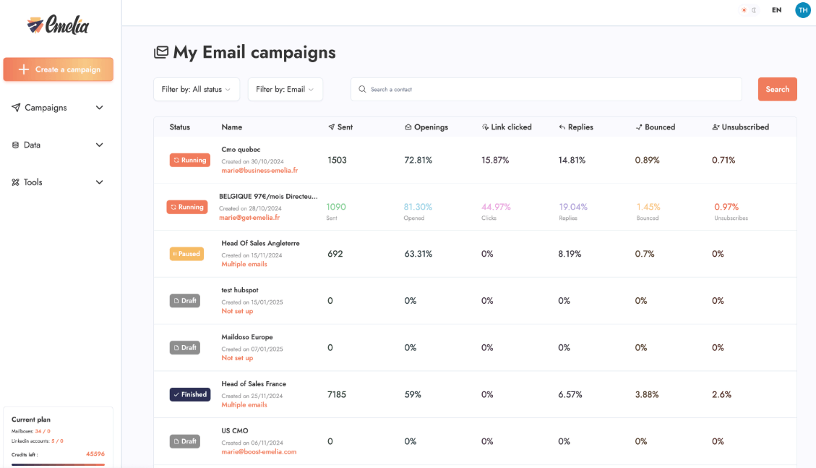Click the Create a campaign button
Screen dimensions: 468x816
(59, 69)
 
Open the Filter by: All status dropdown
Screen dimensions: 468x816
(196, 89)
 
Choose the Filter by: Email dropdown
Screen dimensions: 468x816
(285, 89)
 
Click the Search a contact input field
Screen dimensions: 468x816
(546, 89)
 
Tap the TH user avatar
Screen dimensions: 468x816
(802, 10)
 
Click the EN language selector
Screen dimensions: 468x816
(776, 10)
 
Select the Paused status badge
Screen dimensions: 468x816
(186, 254)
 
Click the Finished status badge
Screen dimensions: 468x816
(189, 395)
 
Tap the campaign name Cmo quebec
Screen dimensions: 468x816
(241, 150)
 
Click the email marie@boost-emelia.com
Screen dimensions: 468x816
(259, 452)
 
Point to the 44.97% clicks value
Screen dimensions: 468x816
(496, 207)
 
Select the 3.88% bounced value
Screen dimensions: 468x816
(647, 395)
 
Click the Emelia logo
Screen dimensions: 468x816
(58, 25)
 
